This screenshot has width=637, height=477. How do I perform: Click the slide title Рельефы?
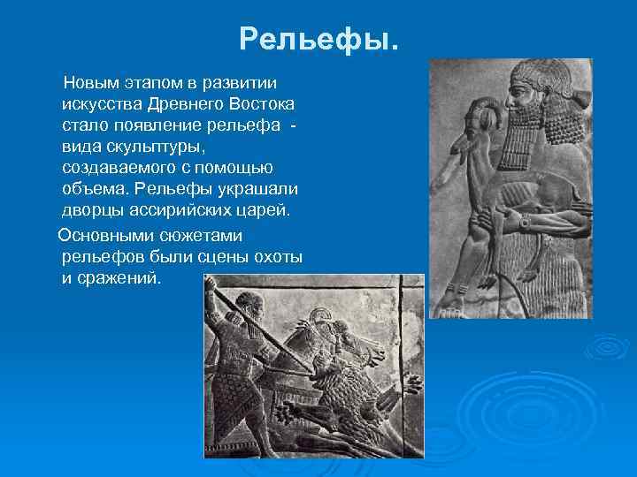point(319,39)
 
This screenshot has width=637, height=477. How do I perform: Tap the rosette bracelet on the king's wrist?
point(524,223)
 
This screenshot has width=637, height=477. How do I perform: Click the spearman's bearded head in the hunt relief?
point(252,309)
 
